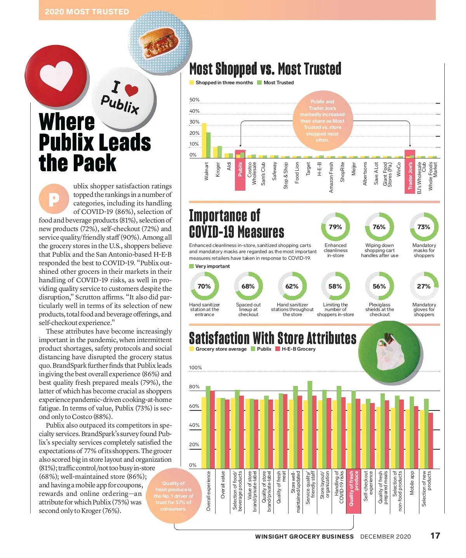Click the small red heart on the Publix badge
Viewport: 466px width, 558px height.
pos(131,90)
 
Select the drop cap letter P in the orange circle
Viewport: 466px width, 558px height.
pos(54,199)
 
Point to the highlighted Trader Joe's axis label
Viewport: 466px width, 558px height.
pos(410,176)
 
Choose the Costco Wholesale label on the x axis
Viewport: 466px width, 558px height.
pos(252,173)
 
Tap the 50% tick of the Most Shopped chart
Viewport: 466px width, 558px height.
pos(194,100)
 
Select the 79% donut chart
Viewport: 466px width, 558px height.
pos(335,227)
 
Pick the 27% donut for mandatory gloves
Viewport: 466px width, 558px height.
pos(424,287)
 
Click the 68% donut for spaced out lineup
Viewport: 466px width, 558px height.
pos(248,287)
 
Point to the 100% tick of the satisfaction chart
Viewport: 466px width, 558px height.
pos(195,368)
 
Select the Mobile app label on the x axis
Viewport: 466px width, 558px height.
pos(412,483)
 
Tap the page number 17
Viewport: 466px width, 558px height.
pos(435,536)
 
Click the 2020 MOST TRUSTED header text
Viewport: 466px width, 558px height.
pos(87,12)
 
